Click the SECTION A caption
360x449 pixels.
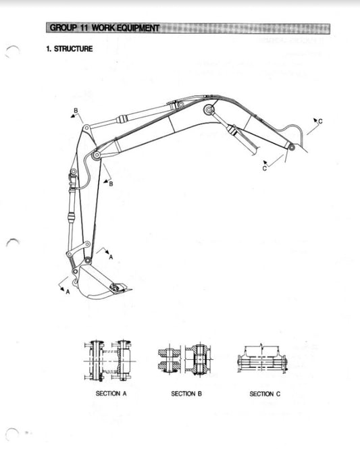(x=109, y=393)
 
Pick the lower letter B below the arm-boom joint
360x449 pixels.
(x=111, y=184)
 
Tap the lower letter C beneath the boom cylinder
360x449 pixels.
(x=264, y=169)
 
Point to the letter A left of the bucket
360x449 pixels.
(x=68, y=292)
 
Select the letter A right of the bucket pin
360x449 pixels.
(x=111, y=256)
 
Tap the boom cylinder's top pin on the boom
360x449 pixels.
(x=210, y=109)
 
